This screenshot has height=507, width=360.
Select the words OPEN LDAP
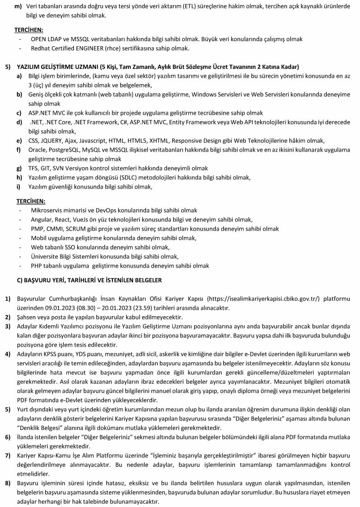(47, 39)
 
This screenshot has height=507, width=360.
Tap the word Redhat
(40, 48)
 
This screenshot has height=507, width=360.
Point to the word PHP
(37, 266)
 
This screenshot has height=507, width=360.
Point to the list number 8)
(8, 483)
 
